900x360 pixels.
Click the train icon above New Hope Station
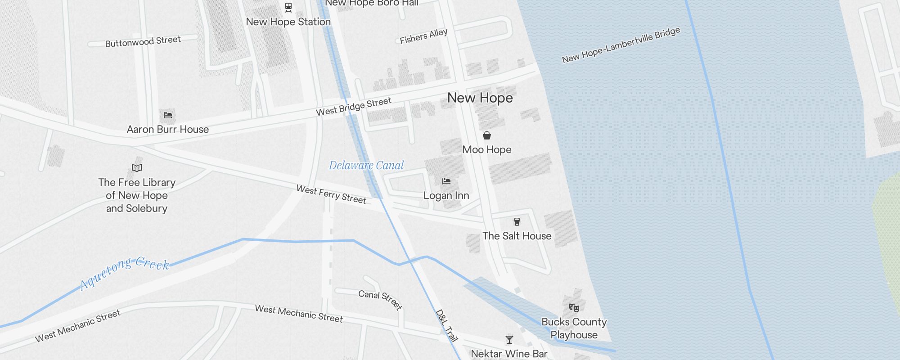click(288, 7)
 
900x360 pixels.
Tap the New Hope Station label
click(288, 22)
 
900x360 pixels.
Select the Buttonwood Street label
click(143, 41)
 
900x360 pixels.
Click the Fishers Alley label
click(423, 36)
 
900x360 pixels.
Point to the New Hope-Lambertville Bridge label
click(621, 45)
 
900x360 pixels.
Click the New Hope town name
click(480, 98)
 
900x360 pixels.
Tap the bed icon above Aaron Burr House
click(168, 115)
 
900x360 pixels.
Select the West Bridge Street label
click(353, 106)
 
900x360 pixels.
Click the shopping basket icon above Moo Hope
click(486, 135)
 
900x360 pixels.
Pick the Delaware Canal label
click(366, 165)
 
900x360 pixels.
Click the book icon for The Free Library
click(137, 168)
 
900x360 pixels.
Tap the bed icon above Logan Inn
click(446, 181)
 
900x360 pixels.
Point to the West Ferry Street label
click(331, 194)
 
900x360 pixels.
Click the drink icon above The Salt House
click(517, 221)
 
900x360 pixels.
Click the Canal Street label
click(380, 299)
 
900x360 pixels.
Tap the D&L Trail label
click(446, 325)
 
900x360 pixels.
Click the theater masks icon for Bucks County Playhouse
click(574, 308)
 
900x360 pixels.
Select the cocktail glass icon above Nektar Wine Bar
click(509, 340)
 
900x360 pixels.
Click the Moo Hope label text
click(486, 149)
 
